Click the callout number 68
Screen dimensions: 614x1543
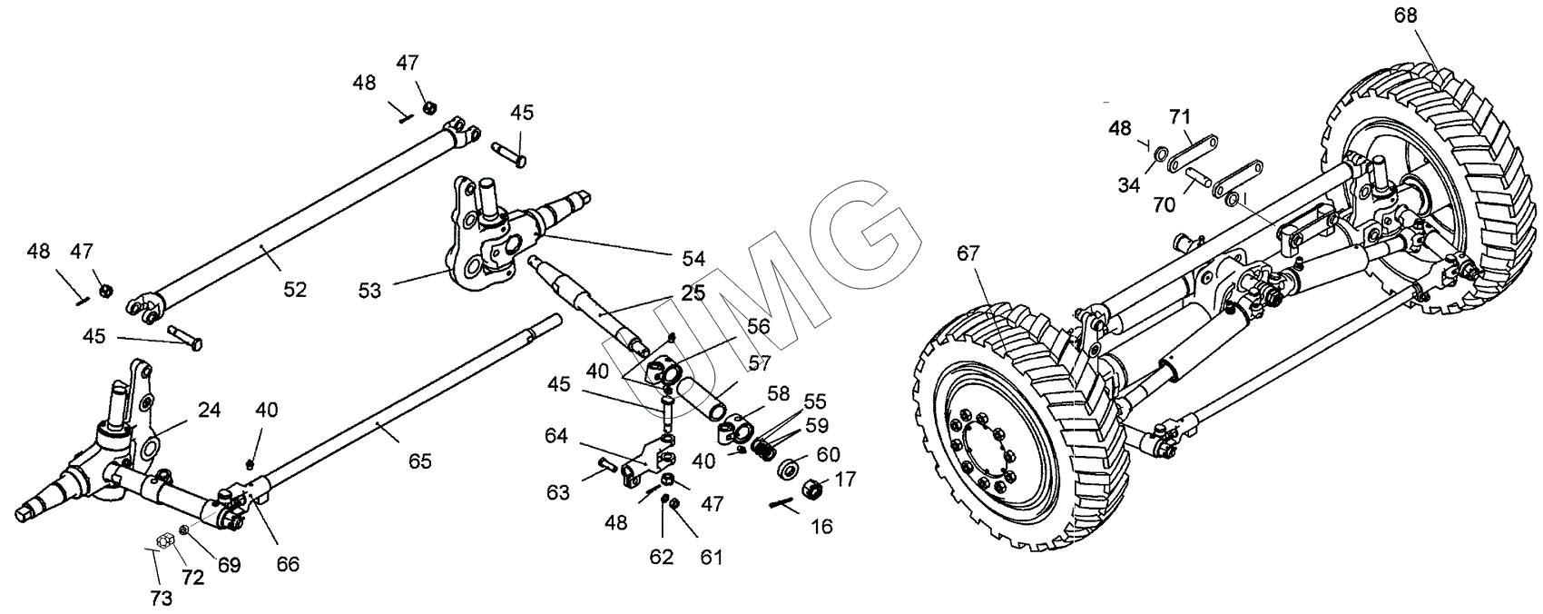pos(1406,15)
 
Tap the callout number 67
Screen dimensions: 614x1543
pos(968,253)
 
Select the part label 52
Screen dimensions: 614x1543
pos(295,290)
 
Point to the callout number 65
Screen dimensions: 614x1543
pos(419,461)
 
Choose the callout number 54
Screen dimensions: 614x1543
pos(693,258)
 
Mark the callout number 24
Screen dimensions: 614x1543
pos(209,411)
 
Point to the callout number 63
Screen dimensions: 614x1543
pos(558,493)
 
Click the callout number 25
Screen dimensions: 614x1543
pos(693,295)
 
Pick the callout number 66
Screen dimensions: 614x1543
pos(288,564)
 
